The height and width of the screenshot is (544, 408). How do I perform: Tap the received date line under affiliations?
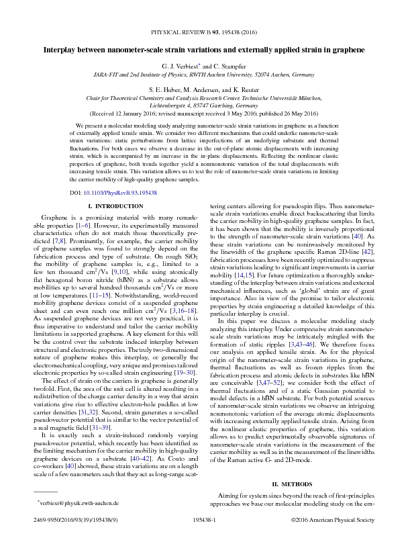click(203, 114)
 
